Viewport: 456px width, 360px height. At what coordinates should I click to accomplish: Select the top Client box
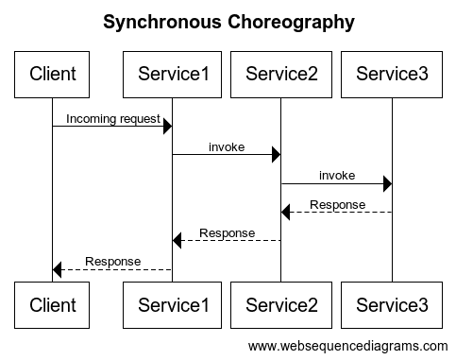tap(53, 73)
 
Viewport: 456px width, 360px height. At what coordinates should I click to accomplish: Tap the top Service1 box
tap(172, 73)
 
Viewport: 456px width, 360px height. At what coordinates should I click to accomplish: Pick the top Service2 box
tap(280, 73)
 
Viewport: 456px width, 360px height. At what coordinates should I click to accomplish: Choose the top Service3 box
tap(392, 73)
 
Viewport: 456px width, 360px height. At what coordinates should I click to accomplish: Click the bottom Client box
tap(53, 304)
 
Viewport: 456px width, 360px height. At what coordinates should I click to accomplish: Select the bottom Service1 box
tap(172, 304)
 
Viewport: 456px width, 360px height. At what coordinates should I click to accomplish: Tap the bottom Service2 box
tap(280, 304)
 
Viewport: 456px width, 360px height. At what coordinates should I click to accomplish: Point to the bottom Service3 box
tap(392, 304)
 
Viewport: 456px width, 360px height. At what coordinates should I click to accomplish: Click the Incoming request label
tap(112, 118)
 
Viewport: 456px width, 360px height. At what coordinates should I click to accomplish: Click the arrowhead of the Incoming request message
tap(167, 126)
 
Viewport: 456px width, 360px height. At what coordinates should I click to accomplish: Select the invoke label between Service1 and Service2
tap(227, 146)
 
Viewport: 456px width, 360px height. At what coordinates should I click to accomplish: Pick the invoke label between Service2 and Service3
tap(336, 175)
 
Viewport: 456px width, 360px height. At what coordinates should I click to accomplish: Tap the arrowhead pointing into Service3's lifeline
tap(387, 183)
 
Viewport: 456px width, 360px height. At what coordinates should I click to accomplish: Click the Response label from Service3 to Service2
tap(337, 204)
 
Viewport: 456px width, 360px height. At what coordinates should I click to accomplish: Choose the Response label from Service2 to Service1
tap(227, 232)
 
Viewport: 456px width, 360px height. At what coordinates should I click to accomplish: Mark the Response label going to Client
tap(112, 261)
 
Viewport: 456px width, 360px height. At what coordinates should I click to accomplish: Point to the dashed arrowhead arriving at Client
tap(58, 269)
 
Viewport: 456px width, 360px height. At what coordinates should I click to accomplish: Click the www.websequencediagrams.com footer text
tap(348, 346)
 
